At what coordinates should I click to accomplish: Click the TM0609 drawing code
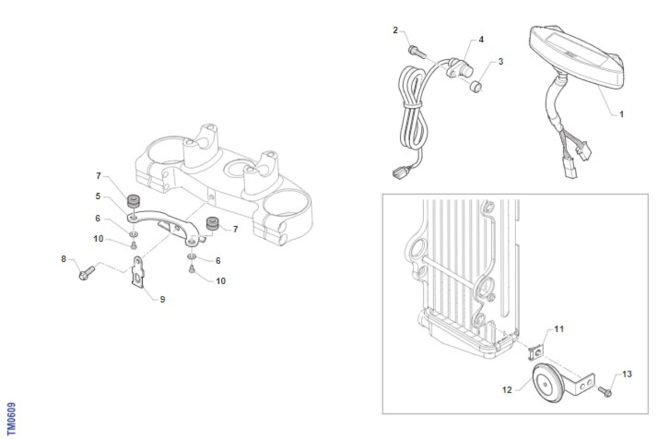pyautogui.click(x=11, y=419)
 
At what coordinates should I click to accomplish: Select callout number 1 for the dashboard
pyautogui.click(x=622, y=114)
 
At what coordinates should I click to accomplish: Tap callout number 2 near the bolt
pyautogui.click(x=395, y=30)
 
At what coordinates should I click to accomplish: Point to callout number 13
pyautogui.click(x=627, y=374)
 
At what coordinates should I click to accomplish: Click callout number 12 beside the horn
pyautogui.click(x=507, y=390)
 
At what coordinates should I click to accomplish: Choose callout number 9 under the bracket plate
pyautogui.click(x=162, y=299)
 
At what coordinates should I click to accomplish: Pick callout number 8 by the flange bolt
pyautogui.click(x=64, y=259)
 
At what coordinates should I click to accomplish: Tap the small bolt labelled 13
pyautogui.click(x=605, y=391)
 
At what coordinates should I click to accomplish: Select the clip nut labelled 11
pyautogui.click(x=536, y=354)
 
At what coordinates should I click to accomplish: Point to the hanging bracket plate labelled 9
pyautogui.click(x=137, y=272)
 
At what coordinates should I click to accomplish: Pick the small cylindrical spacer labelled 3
pyautogui.click(x=476, y=86)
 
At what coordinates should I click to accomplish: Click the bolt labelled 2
pyautogui.click(x=417, y=52)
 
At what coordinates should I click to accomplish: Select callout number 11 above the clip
pyautogui.click(x=559, y=329)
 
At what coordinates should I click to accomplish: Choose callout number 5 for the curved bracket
pyautogui.click(x=98, y=196)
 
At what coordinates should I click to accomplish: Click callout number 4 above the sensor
pyautogui.click(x=481, y=40)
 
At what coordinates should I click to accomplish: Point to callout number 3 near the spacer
pyautogui.click(x=501, y=61)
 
